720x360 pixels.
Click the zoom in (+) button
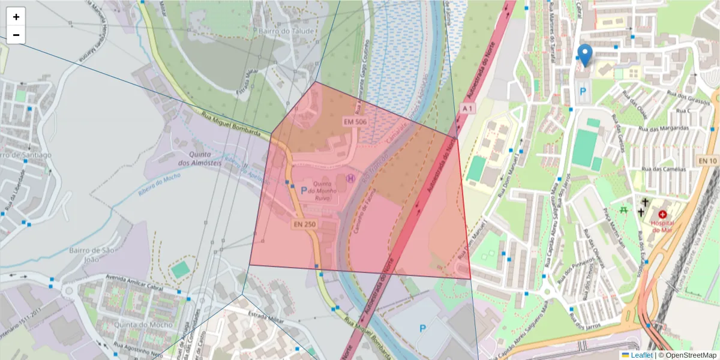point(16,17)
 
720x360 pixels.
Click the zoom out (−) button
point(16,35)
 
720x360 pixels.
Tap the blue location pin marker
point(584,55)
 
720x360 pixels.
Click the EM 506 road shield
point(355,122)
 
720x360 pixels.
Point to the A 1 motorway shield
point(468,108)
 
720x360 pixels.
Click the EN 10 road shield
point(708,161)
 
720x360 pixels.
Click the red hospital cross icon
point(662,214)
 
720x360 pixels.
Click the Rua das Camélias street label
point(664,169)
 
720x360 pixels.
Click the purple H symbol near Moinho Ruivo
point(350,178)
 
